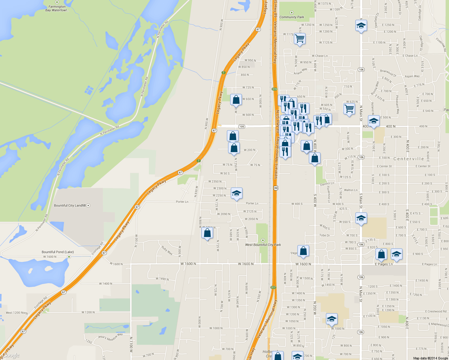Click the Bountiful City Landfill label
(70, 205)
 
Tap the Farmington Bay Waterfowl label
(57, 8)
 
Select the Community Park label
(292, 17)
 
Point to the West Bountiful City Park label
(263, 245)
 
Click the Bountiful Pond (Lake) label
(58, 252)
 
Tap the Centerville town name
(409, 159)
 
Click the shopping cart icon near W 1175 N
(300, 39)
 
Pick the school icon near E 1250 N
(361, 26)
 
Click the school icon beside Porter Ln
(237, 193)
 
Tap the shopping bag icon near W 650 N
(236, 100)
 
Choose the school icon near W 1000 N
(332, 319)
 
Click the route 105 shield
(242, 127)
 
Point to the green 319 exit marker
(274, 89)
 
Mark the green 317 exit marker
(273, 287)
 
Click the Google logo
(11, 355)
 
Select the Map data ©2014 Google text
(430, 358)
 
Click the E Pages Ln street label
(384, 264)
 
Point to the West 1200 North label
(17, 313)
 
